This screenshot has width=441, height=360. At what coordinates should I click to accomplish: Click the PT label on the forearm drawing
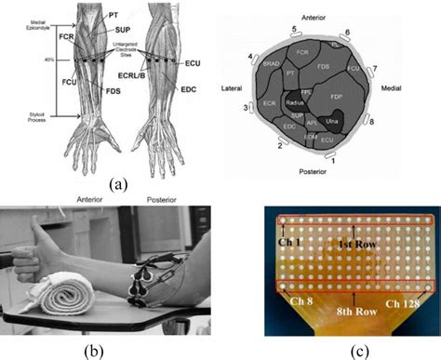coord(113,15)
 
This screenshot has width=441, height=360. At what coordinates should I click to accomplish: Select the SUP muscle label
coord(122,30)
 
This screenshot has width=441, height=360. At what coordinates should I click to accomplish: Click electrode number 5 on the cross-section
coord(294,30)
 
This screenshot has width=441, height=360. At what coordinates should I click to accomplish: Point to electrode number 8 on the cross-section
coord(371,122)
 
